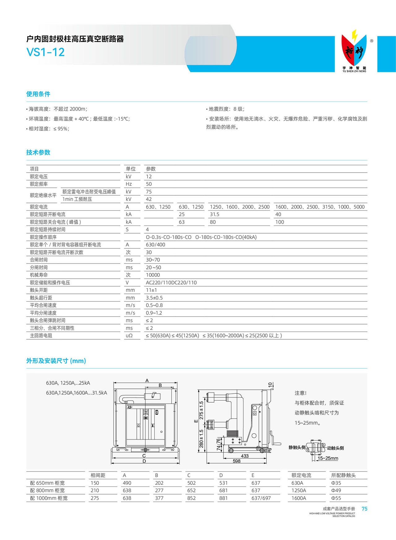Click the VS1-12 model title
45,52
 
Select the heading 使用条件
38,94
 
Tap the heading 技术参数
38,152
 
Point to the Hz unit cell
129,184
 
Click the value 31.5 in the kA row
214,214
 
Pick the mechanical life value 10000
153,275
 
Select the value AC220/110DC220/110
171,283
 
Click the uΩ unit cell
129,336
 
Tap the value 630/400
155,245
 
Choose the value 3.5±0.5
154,298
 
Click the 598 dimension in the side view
236,461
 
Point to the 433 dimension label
244,456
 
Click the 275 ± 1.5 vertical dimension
201,410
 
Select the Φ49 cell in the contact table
336,491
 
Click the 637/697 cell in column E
261,498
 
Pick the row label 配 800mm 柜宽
47,491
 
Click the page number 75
364,509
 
